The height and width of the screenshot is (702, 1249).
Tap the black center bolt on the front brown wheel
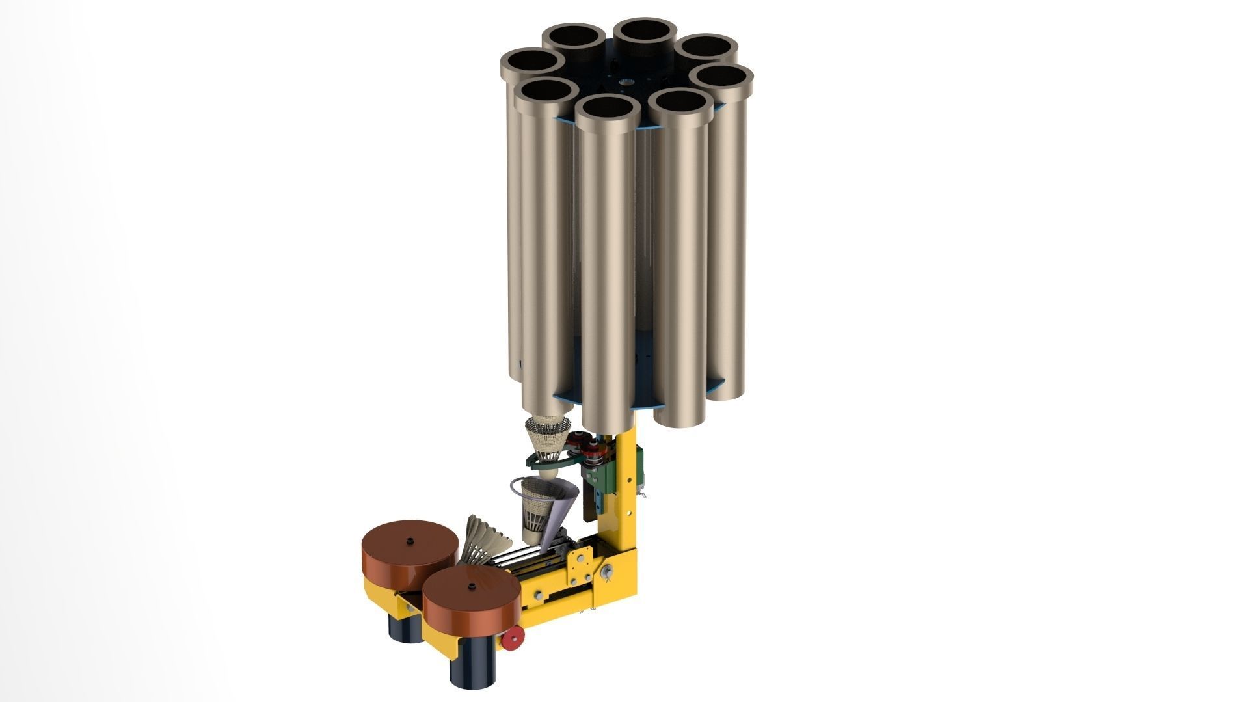[x=470, y=586]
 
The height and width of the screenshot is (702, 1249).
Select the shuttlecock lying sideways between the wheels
[x=485, y=540]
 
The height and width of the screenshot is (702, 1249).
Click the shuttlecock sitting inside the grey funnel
[x=539, y=511]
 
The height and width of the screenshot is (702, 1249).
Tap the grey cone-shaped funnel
[x=561, y=507]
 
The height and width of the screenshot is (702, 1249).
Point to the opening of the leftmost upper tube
[x=532, y=62]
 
